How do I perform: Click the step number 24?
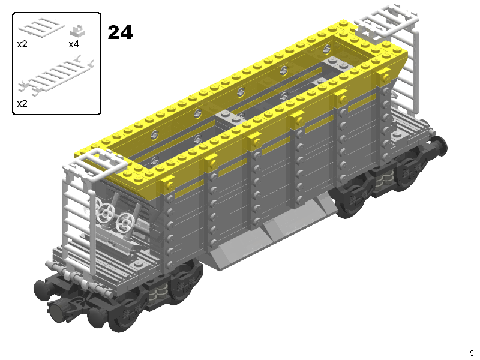coord(120,32)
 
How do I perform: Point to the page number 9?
coord(472,353)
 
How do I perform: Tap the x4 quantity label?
coord(74,44)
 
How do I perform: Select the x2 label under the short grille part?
coord(22,44)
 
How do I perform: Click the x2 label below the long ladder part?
coord(22,103)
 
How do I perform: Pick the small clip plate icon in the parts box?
coord(76,31)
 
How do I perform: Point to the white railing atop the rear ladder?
coord(387,20)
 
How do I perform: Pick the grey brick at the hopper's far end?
coord(337,64)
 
